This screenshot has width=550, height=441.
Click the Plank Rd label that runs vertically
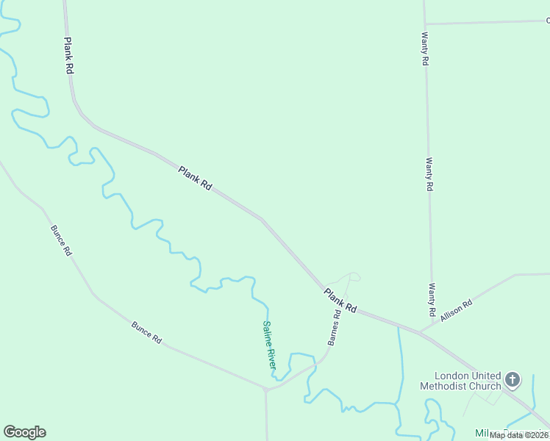click(x=69, y=55)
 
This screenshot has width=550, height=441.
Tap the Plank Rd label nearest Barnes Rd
click(x=340, y=301)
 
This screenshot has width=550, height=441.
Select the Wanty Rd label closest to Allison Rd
click(x=432, y=300)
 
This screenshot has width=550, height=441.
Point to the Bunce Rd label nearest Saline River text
click(x=146, y=331)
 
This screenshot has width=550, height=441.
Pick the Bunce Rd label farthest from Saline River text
click(x=61, y=240)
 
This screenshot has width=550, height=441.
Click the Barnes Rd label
click(x=335, y=328)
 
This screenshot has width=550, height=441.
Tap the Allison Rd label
click(x=456, y=307)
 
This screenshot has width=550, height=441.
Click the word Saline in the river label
click(x=266, y=334)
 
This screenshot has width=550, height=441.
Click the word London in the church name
click(x=451, y=375)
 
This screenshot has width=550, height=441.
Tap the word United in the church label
click(x=485, y=375)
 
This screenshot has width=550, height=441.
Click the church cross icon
click(x=512, y=380)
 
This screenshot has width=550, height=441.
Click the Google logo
click(x=24, y=432)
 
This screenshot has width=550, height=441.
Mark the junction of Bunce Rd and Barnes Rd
click(x=266, y=389)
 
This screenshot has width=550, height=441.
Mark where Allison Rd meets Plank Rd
click(x=419, y=332)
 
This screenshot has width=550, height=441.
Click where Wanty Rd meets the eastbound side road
click(x=425, y=24)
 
